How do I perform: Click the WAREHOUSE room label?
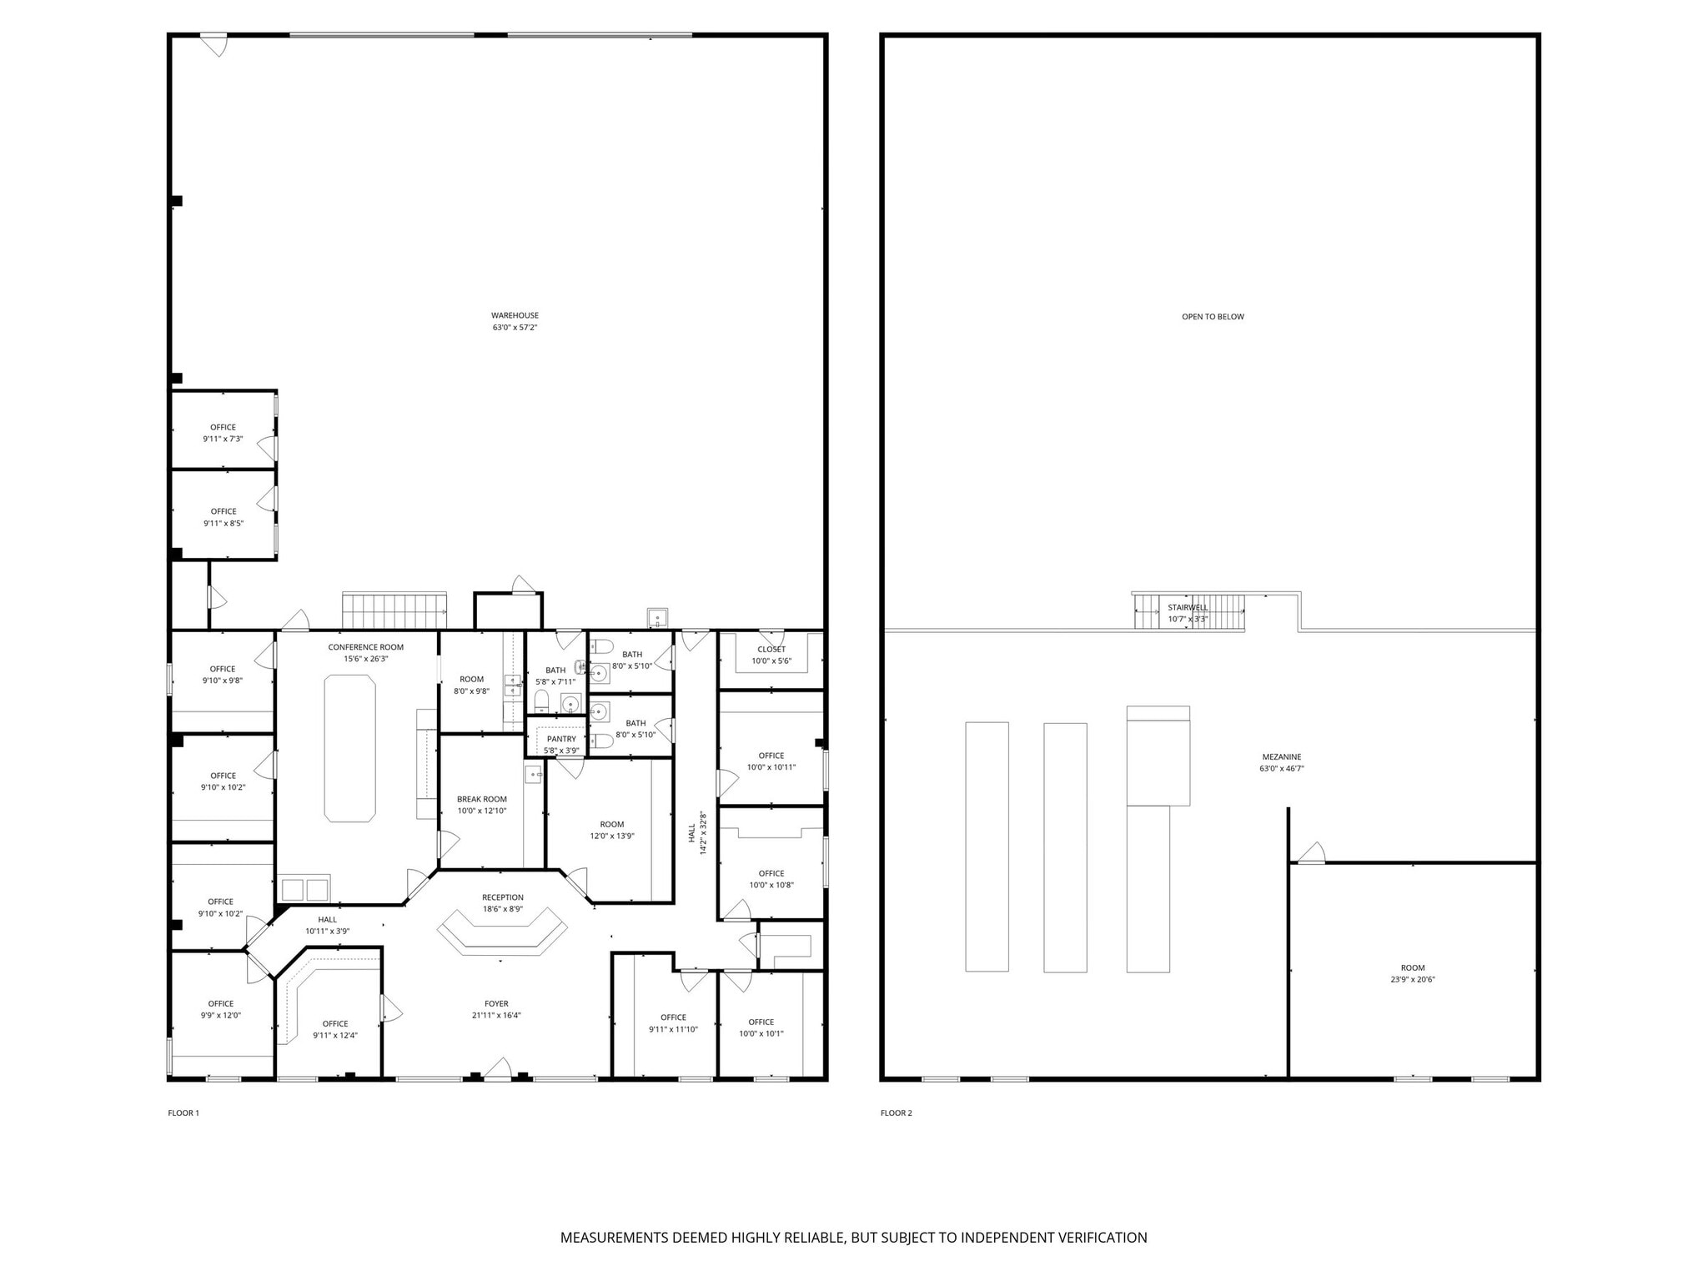(515, 315)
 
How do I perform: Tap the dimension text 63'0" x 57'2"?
(515, 328)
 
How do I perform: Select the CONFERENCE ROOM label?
(365, 647)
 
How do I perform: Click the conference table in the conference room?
(349, 748)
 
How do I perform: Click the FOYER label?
(496, 1004)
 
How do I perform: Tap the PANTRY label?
(561, 739)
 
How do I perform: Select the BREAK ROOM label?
(481, 799)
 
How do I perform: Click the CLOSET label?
(771, 650)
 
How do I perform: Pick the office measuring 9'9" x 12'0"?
(220, 1009)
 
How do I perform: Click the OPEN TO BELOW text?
(1213, 317)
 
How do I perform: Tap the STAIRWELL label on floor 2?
(1188, 607)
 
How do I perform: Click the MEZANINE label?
(1281, 757)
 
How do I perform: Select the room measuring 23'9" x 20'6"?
(1413, 973)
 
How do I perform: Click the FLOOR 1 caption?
(183, 1113)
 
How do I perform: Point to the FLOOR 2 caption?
(897, 1113)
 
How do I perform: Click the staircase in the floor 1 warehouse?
(394, 610)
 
